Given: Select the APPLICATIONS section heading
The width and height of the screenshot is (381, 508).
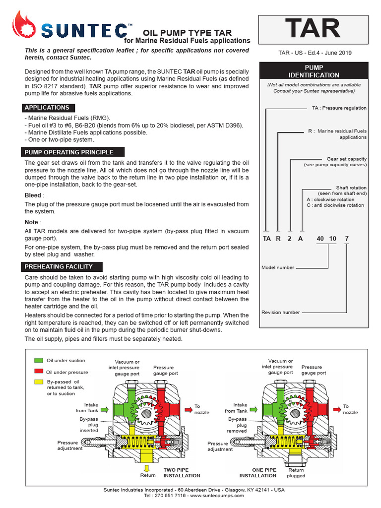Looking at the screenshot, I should click(47, 108).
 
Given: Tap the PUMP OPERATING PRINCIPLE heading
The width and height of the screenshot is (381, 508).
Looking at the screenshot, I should click(69, 152).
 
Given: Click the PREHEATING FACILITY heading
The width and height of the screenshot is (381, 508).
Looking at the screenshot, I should click(59, 267).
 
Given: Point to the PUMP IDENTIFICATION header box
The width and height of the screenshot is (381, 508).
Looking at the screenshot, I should click(314, 71).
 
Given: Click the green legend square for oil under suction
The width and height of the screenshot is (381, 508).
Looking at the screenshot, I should click(39, 361).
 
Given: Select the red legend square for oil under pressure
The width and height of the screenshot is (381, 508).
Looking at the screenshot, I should click(39, 372).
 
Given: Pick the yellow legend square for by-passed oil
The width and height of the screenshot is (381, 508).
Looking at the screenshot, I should click(39, 382).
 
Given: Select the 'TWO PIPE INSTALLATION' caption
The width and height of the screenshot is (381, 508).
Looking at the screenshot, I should click(176, 472).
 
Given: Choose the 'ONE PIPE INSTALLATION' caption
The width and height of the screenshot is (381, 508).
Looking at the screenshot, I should click(257, 472).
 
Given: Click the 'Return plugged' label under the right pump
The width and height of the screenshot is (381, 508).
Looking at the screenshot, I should click(296, 472).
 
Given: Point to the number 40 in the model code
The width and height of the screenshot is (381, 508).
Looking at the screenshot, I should click(320, 239).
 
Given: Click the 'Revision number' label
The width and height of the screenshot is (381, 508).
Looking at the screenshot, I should click(281, 313).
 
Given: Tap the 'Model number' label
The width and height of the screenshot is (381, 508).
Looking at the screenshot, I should click(278, 268).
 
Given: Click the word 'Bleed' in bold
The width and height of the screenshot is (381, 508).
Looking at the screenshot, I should click(33, 195).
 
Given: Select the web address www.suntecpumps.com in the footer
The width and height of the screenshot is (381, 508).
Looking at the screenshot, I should click(217, 496).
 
